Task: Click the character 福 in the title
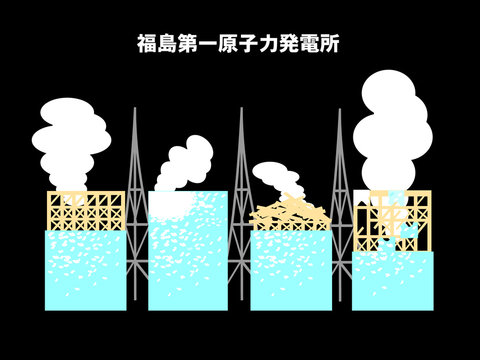(146, 44)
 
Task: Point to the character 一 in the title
(208, 44)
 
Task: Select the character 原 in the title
(229, 44)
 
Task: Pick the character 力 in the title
(270, 44)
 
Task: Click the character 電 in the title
(311, 44)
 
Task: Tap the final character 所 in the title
(332, 44)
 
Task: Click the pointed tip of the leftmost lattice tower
(135, 110)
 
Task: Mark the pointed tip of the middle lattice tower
(240, 110)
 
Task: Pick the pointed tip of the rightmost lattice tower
(339, 110)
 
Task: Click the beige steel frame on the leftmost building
(86, 211)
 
